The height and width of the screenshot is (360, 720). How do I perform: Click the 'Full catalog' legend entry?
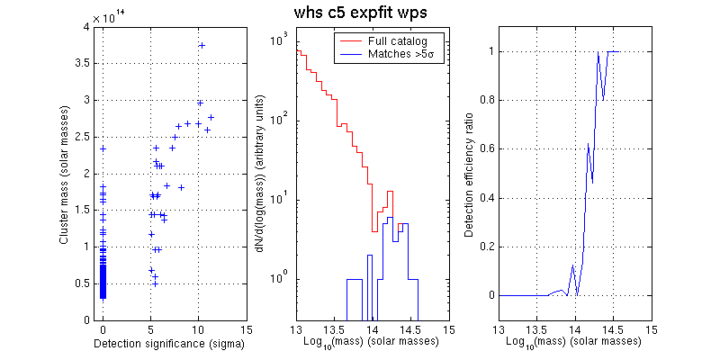click(391, 41)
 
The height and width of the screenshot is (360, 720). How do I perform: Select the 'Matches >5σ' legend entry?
click(394, 54)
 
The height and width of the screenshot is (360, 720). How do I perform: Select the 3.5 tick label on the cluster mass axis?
click(87, 64)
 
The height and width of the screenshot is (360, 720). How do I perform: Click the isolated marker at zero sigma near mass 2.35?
click(103, 148)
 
